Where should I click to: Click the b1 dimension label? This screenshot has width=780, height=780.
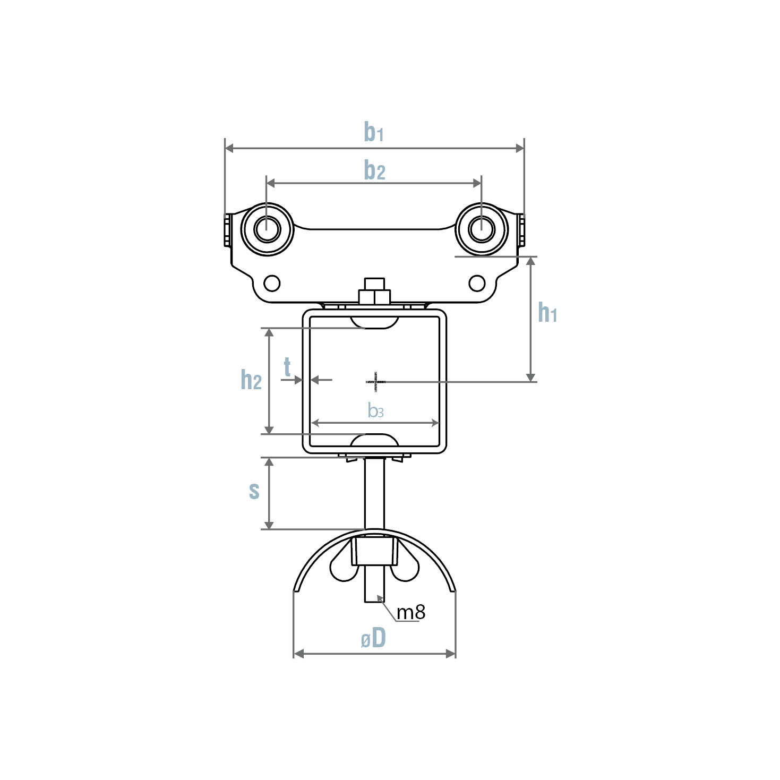[373, 132]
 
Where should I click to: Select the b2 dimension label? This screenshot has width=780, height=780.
[374, 170]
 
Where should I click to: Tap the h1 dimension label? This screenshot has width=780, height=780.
[547, 313]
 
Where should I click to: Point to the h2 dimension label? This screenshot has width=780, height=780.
[251, 380]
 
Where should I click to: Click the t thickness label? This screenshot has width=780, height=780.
[287, 367]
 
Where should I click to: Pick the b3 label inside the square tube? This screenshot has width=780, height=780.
[375, 410]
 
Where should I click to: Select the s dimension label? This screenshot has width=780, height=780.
[254, 491]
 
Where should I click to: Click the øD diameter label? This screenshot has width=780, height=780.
[373, 639]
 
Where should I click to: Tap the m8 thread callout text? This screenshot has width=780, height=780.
[411, 612]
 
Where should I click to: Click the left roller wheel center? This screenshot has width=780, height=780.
[267, 229]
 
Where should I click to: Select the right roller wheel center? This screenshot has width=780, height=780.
[482, 229]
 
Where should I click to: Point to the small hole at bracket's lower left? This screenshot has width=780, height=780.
[272, 283]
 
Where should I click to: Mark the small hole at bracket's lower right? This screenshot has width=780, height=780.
[477, 283]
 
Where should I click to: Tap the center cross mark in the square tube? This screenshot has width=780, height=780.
[375, 381]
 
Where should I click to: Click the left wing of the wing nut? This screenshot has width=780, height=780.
[341, 568]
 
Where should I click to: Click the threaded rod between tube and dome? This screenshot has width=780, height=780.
[374, 494]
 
